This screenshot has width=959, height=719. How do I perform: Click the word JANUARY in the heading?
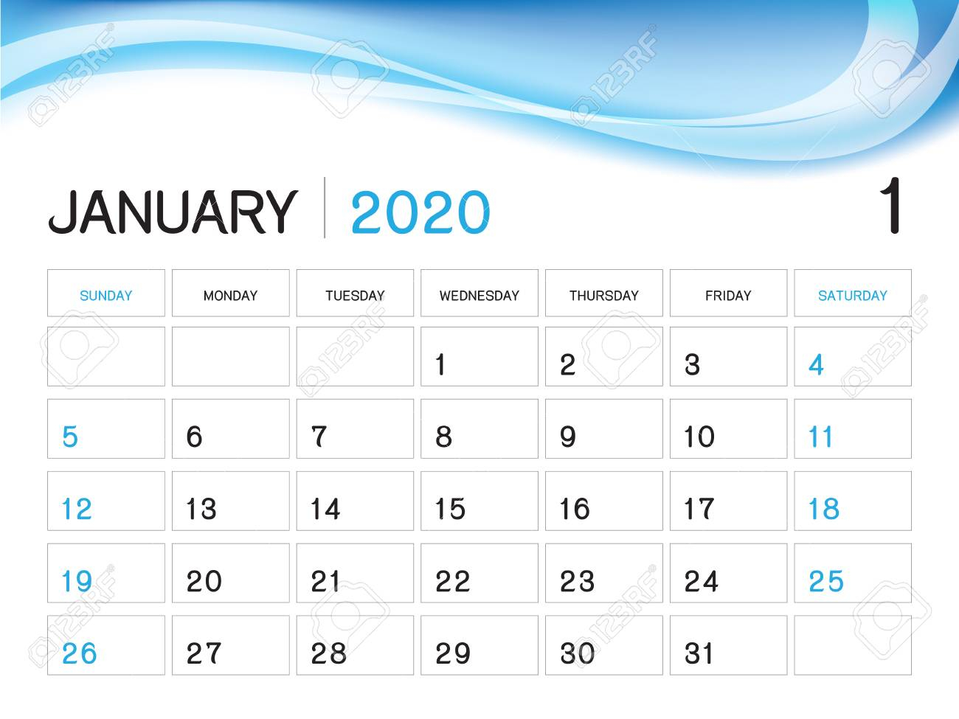(173, 212)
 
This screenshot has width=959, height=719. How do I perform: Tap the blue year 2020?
(420, 212)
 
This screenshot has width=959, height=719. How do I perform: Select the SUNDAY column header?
(105, 296)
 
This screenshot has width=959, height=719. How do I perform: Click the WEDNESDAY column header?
(479, 296)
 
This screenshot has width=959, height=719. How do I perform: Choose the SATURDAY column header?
(852, 296)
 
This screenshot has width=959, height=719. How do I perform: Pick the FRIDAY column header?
(728, 296)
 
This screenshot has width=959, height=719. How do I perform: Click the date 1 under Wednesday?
(440, 364)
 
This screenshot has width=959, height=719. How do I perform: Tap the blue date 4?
(816, 364)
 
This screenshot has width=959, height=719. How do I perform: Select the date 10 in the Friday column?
(699, 437)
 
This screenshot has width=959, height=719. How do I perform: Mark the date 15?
(450, 509)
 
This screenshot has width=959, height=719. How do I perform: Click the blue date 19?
(77, 581)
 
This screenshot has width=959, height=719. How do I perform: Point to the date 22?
(453, 581)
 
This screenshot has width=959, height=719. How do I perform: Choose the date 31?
(698, 653)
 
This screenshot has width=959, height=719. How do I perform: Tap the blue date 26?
(79, 653)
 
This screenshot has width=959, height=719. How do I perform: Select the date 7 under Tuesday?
(319, 437)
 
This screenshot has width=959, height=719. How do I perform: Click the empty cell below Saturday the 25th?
(852, 645)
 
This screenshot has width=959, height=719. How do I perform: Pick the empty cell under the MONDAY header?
(230, 356)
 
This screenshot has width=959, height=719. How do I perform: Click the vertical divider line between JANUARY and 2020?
(324, 207)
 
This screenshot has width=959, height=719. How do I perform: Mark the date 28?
(328, 653)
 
